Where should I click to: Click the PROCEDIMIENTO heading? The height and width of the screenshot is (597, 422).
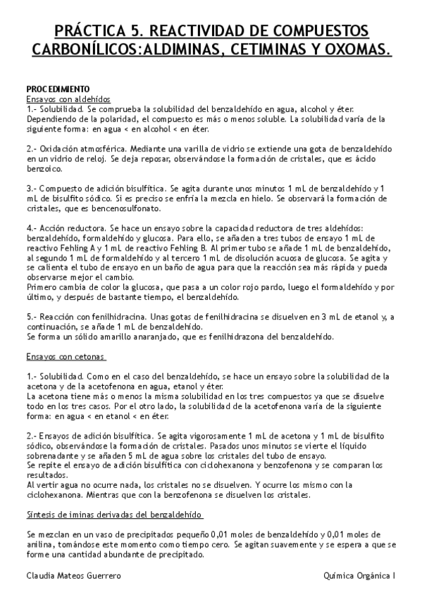click(x=58, y=89)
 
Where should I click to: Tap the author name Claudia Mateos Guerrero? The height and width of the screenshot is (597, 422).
click(x=73, y=576)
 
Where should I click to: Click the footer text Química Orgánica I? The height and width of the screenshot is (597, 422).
click(x=357, y=576)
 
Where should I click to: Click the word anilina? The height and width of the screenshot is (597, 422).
click(x=39, y=545)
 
